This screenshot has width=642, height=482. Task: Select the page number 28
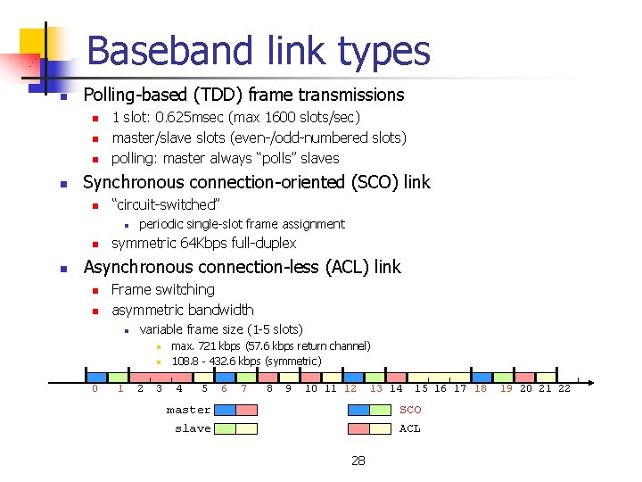(358, 461)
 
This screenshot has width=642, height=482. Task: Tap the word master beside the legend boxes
(189, 411)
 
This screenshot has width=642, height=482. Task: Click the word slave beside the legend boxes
(193, 428)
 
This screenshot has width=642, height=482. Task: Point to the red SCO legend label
(410, 411)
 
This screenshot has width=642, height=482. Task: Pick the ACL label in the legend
(410, 428)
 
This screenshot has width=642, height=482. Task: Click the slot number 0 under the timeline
(95, 388)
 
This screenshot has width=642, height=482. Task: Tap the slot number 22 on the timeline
(564, 388)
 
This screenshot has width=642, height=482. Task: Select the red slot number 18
(481, 388)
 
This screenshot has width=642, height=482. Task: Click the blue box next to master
(226, 410)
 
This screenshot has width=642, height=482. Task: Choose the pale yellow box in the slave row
(247, 428)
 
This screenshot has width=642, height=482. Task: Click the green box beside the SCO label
(381, 410)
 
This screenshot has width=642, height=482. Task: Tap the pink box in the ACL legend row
(358, 428)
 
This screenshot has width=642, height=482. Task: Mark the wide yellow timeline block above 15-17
(440, 377)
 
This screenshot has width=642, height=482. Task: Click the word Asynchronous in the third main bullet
(138, 267)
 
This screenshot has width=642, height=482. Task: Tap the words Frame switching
(163, 289)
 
